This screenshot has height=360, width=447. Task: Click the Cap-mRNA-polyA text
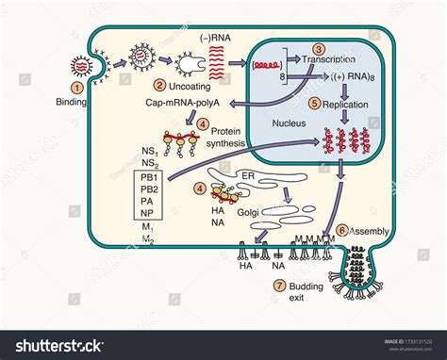[182, 101]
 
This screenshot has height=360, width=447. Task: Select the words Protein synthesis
[226, 136]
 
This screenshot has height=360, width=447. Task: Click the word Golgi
[247, 213]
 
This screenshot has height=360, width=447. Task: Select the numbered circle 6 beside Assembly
[340, 230]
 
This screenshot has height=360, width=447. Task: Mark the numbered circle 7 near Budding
[278, 285]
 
